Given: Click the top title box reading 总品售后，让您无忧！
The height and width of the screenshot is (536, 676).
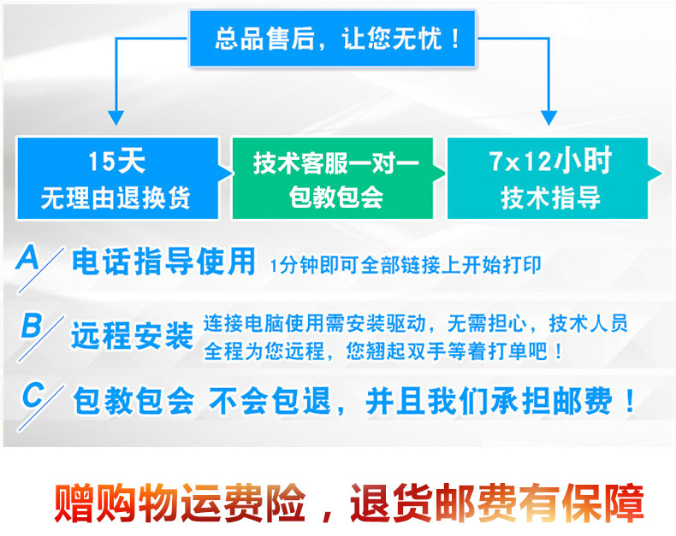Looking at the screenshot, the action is (332, 38).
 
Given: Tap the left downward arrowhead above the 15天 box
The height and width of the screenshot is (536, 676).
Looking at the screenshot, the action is (116, 118).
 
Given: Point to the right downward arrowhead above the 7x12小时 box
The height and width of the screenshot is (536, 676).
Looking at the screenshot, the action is (549, 118).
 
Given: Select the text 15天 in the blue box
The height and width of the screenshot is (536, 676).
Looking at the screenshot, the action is (116, 162).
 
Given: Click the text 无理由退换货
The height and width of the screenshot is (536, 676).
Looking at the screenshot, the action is (116, 198).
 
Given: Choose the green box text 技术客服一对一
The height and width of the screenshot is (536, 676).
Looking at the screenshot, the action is (335, 163).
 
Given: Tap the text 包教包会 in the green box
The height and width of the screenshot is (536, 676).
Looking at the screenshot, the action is (335, 197).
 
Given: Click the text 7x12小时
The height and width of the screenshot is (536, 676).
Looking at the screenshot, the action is (550, 161).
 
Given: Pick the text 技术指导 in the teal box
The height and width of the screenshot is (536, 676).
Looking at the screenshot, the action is (550, 198).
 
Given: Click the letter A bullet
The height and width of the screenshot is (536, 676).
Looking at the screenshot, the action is (28, 257).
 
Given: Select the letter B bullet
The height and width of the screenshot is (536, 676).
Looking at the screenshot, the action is (31, 325).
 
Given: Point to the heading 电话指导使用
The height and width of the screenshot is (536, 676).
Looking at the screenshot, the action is (163, 262).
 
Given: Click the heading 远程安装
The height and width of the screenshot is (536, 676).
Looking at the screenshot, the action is (133, 335).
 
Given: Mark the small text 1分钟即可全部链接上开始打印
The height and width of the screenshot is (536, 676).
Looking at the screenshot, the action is (406, 265).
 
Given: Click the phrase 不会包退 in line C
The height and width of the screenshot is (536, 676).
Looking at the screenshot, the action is (270, 401).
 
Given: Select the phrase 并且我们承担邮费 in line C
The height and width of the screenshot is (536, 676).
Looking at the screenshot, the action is (489, 401).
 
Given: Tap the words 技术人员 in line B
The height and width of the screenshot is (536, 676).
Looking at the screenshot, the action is (588, 323).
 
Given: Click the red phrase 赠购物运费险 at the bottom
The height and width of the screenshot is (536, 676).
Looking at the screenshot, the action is (180, 503).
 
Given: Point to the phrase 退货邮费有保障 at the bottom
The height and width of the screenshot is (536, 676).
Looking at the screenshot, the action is (497, 503).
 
